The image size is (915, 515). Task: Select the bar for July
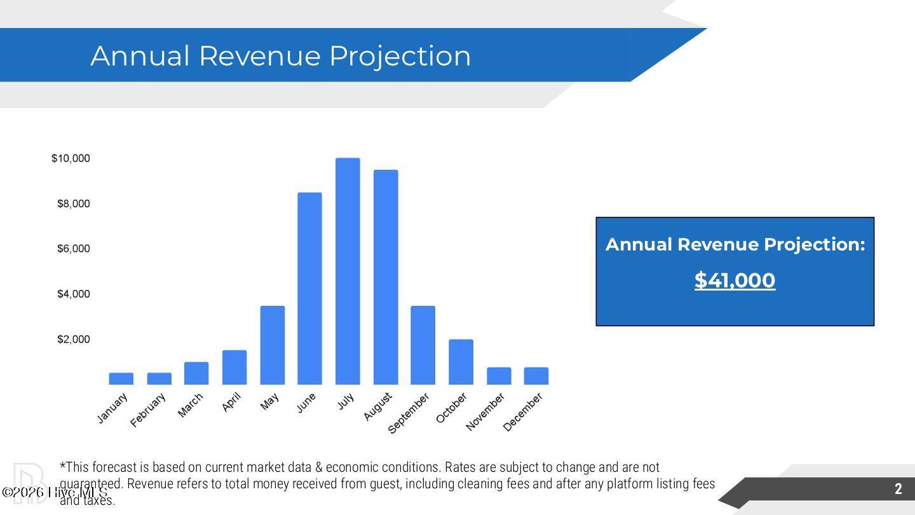[x=348, y=271]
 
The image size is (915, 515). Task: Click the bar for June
[x=309, y=289]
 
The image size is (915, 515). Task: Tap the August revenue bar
[x=386, y=277]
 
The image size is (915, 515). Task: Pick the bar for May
[x=272, y=345]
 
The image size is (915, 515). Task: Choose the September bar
[x=423, y=345]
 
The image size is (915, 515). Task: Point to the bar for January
[x=121, y=379]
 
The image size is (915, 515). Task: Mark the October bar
[x=461, y=362]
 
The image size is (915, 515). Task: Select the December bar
[x=536, y=376]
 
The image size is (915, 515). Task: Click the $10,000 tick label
[x=71, y=158]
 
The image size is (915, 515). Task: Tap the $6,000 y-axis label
[x=74, y=249]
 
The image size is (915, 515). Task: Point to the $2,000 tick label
[x=74, y=340]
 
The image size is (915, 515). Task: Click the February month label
[x=148, y=410]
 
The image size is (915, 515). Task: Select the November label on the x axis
[x=485, y=411]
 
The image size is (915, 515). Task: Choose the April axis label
[x=232, y=402]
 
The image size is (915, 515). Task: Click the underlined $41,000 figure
[x=735, y=280]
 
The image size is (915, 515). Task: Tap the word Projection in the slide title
[x=400, y=56]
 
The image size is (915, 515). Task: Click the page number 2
[x=898, y=489]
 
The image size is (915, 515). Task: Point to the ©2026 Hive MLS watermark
[x=55, y=493]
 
